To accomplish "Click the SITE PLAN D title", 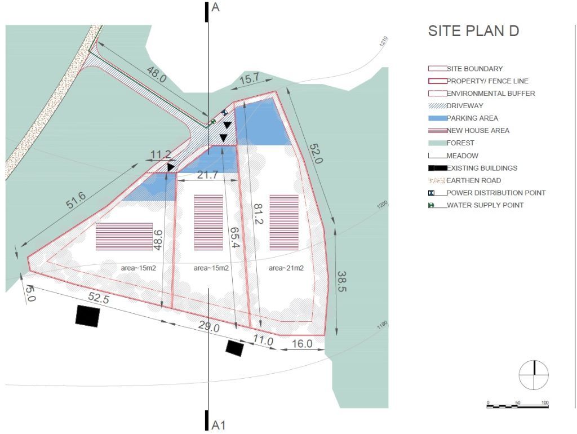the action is click(473, 31).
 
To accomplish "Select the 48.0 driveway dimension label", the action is click(157, 74).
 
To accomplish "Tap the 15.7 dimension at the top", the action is click(249, 79).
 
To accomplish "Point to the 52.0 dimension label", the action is click(316, 153).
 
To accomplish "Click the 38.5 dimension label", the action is click(342, 282).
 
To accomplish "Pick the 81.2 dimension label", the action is click(258, 214).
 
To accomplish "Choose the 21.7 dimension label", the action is click(207, 175).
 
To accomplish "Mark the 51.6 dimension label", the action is click(76, 201).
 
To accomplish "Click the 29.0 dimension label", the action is click(209, 326).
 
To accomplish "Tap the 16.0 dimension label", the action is click(302, 343).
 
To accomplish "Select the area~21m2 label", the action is click(286, 268).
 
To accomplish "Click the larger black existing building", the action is click(87, 316).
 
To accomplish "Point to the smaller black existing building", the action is click(234, 348).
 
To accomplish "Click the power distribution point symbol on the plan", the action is click(224, 113).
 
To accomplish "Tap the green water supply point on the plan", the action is click(212, 122).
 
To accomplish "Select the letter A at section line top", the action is click(216, 7).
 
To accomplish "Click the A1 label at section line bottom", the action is click(219, 425).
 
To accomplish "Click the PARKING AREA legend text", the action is click(472, 118).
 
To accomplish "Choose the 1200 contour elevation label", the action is click(383, 205).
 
